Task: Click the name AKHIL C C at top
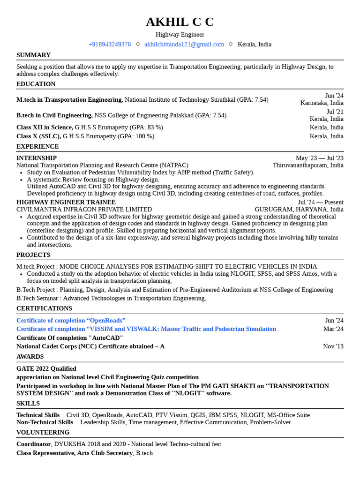coord(180,22)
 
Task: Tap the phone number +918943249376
coord(109,45)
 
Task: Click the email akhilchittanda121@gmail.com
coord(184,45)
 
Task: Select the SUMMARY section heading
coord(33,55)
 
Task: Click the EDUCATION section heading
coord(36,84)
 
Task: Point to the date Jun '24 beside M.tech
coord(334,96)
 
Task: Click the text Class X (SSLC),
coord(38,136)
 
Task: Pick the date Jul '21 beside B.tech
coord(335,112)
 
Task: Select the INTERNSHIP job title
coord(37,158)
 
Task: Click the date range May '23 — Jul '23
coord(319,158)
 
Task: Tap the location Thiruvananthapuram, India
coord(308,165)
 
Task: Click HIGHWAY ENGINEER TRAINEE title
coord(66,202)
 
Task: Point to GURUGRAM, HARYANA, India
coord(299,210)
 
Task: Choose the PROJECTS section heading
coord(33,255)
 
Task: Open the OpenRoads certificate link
coord(71,320)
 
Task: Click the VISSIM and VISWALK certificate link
coord(146,329)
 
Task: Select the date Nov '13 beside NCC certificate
coord(333,346)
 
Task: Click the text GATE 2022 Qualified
coord(46,368)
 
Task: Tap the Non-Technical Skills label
coord(45,422)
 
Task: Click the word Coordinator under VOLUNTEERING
coord(33,444)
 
